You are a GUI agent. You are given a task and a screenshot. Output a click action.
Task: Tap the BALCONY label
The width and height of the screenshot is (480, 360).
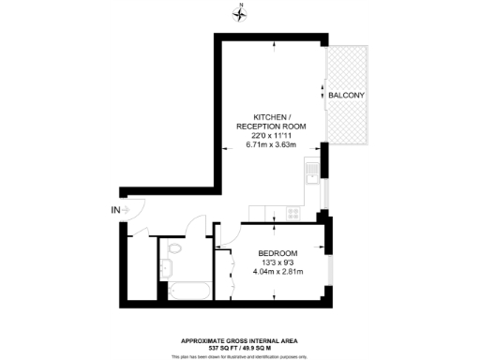[x=346, y=97]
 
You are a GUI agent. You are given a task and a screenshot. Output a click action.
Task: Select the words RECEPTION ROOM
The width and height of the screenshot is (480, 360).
[x=272, y=127]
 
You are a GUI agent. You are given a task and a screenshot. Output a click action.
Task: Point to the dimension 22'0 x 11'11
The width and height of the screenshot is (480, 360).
[x=272, y=136]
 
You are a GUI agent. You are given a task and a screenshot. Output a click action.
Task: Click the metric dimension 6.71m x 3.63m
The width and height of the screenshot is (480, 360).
[x=272, y=145]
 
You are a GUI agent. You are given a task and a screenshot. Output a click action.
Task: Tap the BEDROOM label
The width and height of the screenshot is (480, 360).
[x=277, y=254]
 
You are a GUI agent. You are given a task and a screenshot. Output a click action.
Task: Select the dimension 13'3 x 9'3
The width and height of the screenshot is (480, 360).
[x=277, y=263]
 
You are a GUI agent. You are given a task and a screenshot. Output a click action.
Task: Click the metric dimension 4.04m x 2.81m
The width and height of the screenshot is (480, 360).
[x=277, y=273]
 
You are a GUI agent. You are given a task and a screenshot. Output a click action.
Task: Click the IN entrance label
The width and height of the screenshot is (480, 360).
[x=115, y=210]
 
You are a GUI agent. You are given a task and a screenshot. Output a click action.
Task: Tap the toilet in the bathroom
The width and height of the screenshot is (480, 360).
[x=174, y=250]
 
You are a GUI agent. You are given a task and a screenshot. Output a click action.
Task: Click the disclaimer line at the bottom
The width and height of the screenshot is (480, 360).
[x=244, y=355]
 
